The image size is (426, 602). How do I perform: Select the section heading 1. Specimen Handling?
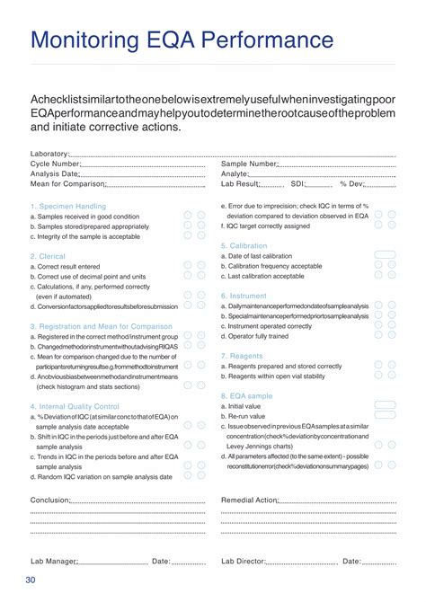coord(67,206)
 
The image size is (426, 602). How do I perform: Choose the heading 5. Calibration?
coord(244,245)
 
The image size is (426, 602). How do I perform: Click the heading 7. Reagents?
coord(241,356)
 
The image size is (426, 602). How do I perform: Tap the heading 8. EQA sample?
coord(246,394)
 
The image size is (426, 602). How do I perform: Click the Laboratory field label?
coord(49,155)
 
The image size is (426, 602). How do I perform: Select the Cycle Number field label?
coord(55,164)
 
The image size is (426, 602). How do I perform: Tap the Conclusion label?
coord(49,500)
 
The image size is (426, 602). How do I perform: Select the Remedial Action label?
coord(249,500)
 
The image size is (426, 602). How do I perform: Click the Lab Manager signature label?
coord(53,562)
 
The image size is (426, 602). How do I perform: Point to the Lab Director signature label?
coord(243,562)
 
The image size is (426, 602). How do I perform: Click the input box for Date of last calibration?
coord(384,255)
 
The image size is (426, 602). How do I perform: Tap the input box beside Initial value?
coord(384,405)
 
